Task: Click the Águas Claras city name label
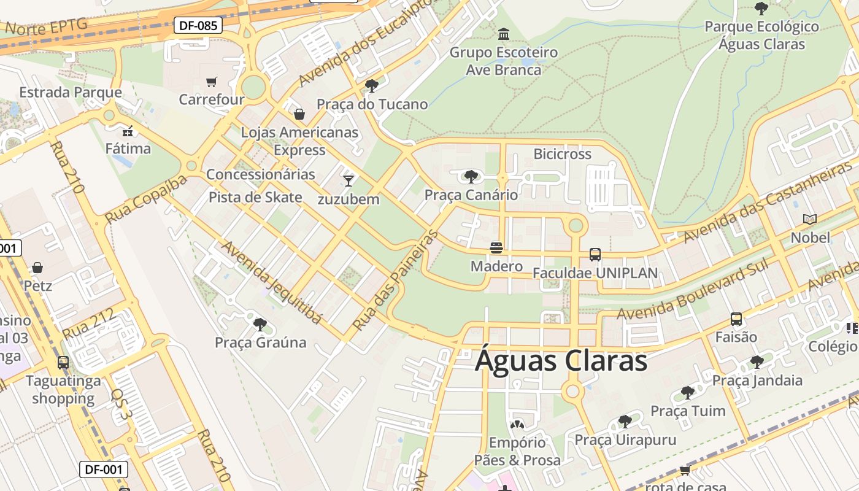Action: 561,360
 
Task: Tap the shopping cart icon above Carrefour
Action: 212,82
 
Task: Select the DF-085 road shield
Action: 198,26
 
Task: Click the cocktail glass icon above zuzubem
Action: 349,180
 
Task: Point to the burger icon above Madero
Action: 496,247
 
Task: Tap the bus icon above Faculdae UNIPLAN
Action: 595,254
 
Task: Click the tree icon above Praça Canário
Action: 471,177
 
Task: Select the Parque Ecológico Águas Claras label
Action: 761,36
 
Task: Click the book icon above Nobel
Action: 810,219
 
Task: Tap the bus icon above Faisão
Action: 736,319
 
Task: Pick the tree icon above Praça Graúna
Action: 260,324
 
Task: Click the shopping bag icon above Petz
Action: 37,268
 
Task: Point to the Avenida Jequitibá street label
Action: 271,282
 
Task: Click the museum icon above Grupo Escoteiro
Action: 504,34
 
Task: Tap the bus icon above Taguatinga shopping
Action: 63,362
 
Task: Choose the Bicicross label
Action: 562,154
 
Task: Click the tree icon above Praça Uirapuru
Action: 625,422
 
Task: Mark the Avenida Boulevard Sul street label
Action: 692,291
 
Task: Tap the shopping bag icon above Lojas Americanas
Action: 299,114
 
